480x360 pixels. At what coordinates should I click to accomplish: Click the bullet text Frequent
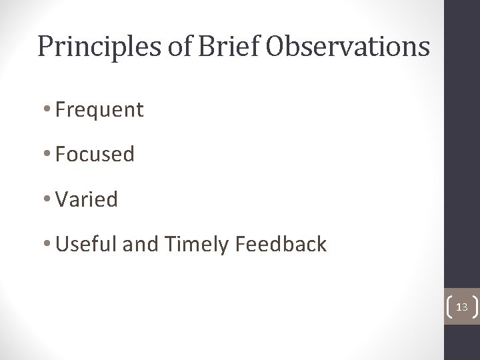(100, 110)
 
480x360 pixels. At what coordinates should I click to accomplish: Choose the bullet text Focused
(95, 155)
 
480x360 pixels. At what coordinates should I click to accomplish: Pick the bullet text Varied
(87, 199)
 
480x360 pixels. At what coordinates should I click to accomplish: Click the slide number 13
(461, 307)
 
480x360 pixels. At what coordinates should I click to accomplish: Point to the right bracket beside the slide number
(473, 307)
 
